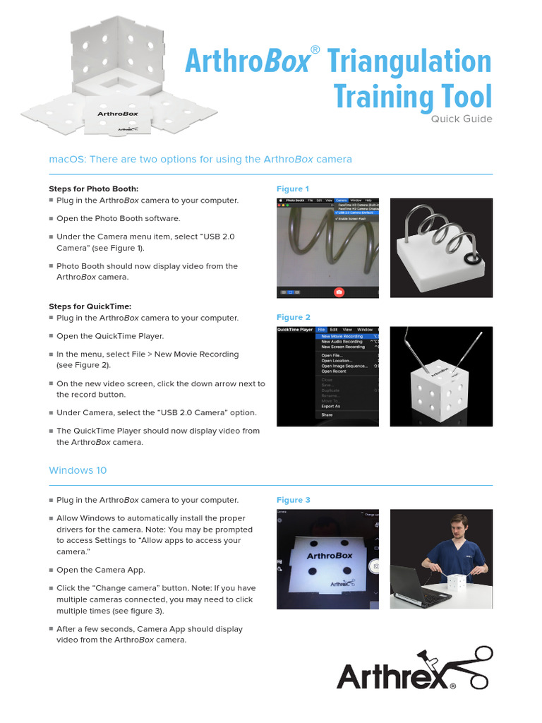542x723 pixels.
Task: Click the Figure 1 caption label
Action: (x=293, y=189)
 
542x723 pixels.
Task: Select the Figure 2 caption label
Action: (x=294, y=317)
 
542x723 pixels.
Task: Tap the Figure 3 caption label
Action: (x=294, y=500)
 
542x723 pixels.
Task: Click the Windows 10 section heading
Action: (x=78, y=470)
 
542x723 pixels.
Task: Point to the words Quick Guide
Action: (x=462, y=119)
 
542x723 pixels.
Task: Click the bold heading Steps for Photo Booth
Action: (x=94, y=189)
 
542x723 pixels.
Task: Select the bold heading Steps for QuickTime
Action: (x=90, y=306)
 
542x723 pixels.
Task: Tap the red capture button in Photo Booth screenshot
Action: (x=339, y=291)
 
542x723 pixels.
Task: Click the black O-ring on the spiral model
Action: (x=471, y=261)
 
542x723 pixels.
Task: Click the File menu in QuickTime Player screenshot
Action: (x=322, y=330)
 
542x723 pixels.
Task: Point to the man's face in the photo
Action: (x=459, y=528)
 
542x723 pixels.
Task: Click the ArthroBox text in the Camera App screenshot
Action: (x=330, y=556)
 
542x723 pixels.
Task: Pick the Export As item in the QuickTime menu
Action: (x=330, y=406)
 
